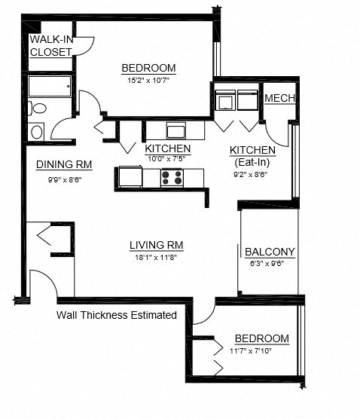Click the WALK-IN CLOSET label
pos(51,46)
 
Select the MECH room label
pos(279,99)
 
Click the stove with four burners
pos(172,179)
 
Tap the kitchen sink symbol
pos(176,128)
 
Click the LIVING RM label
pos(157,245)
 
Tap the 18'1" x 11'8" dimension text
pos(156,258)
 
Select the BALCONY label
pos(270,252)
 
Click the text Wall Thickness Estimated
pos(117,314)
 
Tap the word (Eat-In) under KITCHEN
pos(252,161)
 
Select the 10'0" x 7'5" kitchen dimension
pos(167,159)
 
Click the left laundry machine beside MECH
pos(224,101)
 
